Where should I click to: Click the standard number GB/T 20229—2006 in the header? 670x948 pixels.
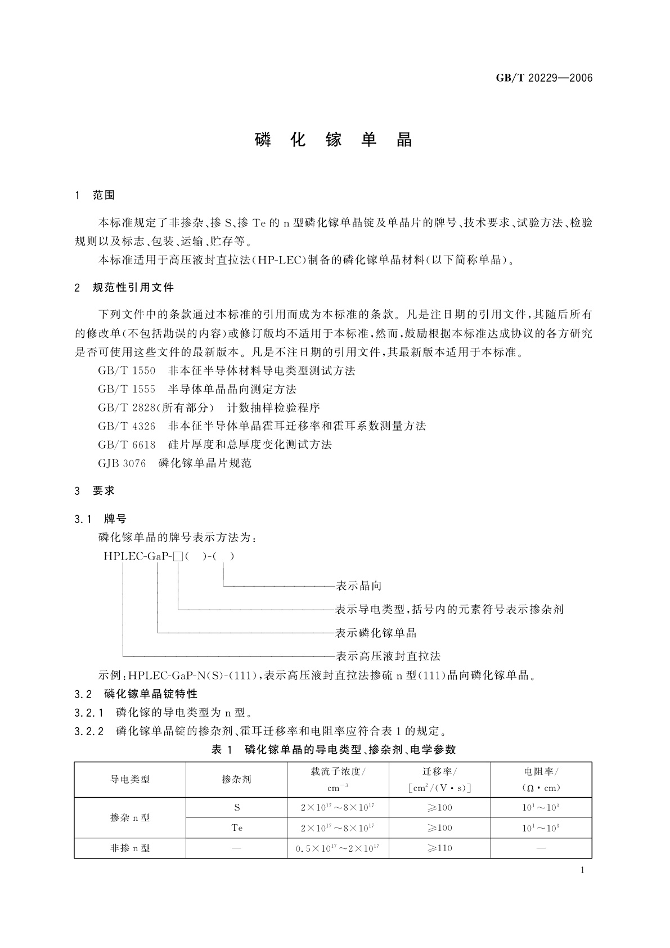(x=544, y=78)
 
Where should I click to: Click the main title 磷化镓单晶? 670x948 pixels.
(x=334, y=140)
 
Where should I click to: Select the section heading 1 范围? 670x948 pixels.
(x=95, y=195)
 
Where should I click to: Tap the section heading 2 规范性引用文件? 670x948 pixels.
(x=124, y=288)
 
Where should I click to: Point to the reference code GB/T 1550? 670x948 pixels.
(x=127, y=371)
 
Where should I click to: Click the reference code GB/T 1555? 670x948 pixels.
(x=127, y=390)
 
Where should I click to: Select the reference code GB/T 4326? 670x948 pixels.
(x=127, y=426)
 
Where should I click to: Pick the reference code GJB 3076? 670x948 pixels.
(x=122, y=463)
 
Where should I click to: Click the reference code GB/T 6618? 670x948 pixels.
(x=127, y=445)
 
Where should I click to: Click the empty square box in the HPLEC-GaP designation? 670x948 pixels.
(x=178, y=557)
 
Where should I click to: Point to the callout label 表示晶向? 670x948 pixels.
(x=358, y=586)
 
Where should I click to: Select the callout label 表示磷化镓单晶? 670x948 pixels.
(x=376, y=633)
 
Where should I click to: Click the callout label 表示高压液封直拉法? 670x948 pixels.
(x=388, y=656)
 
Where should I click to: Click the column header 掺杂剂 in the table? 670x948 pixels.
(x=237, y=780)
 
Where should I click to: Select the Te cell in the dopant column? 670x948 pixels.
(x=237, y=828)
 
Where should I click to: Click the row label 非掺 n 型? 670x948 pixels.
(x=130, y=848)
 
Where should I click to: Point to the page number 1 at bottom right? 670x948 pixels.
(x=582, y=870)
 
